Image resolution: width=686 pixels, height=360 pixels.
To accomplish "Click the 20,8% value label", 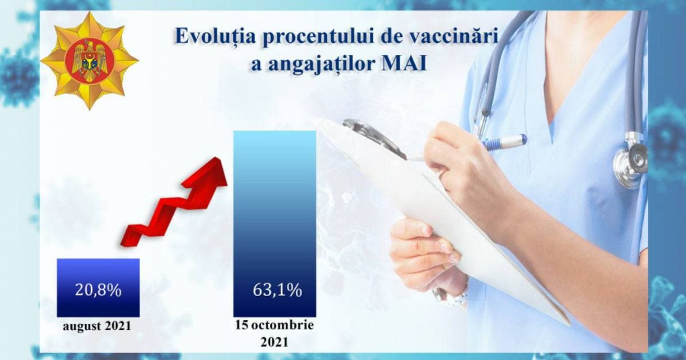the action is pos(98,290).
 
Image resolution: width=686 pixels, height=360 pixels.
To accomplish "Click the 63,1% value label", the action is pos(277,290).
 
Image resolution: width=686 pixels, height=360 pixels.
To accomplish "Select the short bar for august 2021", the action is pos(98,287).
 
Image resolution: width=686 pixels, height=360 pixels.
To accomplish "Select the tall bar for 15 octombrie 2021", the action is pos(274,224).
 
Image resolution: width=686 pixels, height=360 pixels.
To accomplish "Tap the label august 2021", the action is pos(97,326).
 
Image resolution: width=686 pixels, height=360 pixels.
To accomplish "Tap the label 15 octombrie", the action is pos(274,325).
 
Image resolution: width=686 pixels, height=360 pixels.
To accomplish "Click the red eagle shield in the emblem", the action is pos(89,61).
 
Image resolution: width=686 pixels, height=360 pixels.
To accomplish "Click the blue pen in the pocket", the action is pos(503,142).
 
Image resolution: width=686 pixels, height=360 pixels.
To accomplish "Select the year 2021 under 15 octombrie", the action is pos(274,342).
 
